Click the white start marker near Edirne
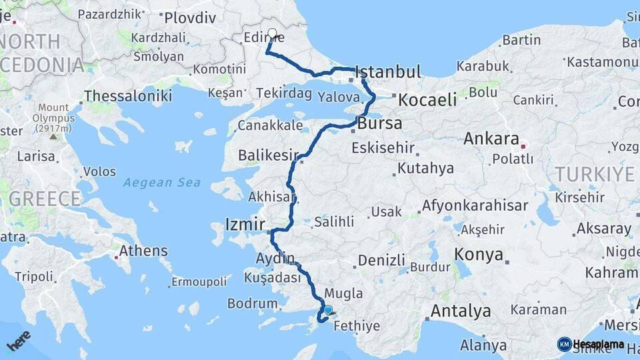pyautogui.click(x=272, y=33)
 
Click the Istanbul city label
pyautogui.click(x=389, y=72)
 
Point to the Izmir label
pyautogui.click(x=246, y=224)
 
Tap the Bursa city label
pyautogui.click(x=380, y=123)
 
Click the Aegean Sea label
pyautogui.click(x=162, y=182)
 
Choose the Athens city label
pyautogui.click(x=146, y=251)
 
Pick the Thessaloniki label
pyautogui.click(x=128, y=96)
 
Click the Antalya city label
pyautogui.click(x=461, y=311)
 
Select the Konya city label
pyautogui.click(x=478, y=254)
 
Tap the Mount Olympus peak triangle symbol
pyautogui.click(x=53, y=137)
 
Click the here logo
pyautogui.click(x=19, y=340)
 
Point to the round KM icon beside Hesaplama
pyautogui.click(x=564, y=344)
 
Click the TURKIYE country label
pyautogui.click(x=595, y=174)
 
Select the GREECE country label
pyautogui.click(x=45, y=198)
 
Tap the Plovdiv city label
pyautogui.click(x=190, y=18)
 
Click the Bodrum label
pyautogui.click(x=252, y=303)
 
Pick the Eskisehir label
pyautogui.click(x=382, y=147)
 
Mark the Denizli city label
pyautogui.click(x=381, y=260)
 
